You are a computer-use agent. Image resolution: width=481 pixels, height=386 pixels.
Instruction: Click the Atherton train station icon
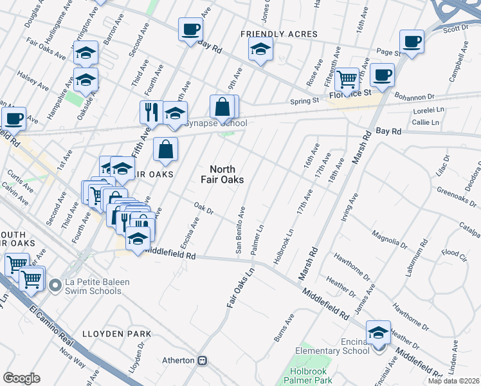pos(203,360)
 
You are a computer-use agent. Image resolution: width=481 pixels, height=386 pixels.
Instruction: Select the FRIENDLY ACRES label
pos(279,33)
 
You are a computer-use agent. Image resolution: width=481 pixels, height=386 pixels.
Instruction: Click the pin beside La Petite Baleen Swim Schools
pos(57,283)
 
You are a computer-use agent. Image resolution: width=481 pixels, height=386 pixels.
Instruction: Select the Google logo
pos(21,378)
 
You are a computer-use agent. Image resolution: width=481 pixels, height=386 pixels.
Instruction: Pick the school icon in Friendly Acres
pos(260,49)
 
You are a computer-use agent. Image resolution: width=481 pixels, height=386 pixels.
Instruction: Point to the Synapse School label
pos(215,124)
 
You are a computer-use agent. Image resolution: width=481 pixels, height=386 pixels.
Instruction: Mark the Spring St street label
pos(305,101)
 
